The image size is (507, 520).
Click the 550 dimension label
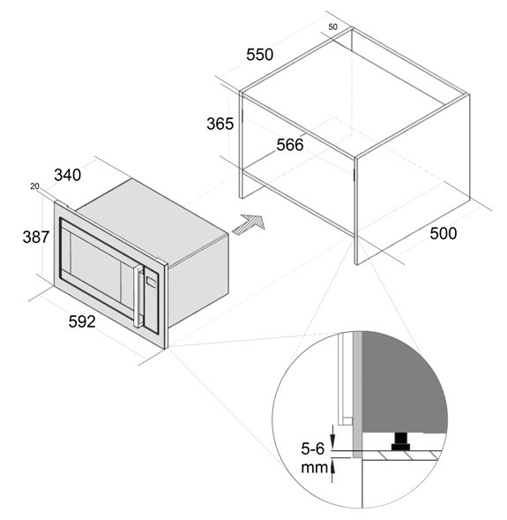click(x=259, y=55)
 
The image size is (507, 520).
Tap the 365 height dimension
click(x=220, y=124)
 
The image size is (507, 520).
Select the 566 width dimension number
click(x=290, y=145)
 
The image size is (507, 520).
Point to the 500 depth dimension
click(x=444, y=233)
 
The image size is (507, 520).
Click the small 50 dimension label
click(x=332, y=26)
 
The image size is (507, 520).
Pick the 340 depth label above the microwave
click(x=68, y=175)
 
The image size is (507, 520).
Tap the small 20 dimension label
click(x=34, y=186)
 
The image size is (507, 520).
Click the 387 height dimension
click(x=36, y=237)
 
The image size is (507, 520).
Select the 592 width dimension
click(x=82, y=321)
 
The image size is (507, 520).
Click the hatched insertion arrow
click(x=249, y=224)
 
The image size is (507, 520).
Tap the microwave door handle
click(x=138, y=296)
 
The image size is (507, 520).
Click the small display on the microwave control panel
click(x=151, y=282)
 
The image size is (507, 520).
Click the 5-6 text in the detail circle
click(x=313, y=448)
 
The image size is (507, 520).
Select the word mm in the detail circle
click(x=314, y=468)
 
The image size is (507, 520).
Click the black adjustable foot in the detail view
click(x=400, y=441)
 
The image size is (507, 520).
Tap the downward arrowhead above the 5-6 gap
click(x=332, y=441)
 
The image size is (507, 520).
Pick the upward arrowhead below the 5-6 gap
click(x=332, y=468)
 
